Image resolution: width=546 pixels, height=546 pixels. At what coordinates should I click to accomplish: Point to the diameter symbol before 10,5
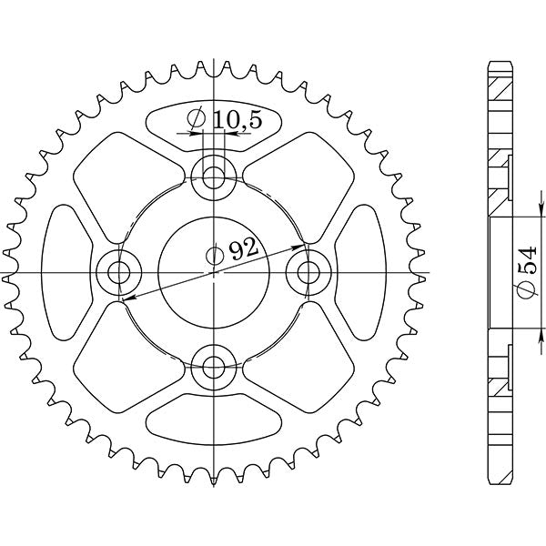(x=196, y=118)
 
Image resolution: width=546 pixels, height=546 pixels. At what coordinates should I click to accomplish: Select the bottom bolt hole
(x=215, y=367)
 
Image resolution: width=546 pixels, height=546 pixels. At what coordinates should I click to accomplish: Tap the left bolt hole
(x=117, y=270)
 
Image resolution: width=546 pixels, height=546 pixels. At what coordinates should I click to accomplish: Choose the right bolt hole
(x=311, y=270)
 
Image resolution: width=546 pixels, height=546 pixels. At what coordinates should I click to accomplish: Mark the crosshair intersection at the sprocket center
(x=215, y=271)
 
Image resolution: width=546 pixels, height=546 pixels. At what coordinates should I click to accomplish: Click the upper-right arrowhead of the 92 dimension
(x=299, y=246)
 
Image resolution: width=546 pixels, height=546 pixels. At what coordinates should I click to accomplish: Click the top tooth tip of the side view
(x=498, y=64)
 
